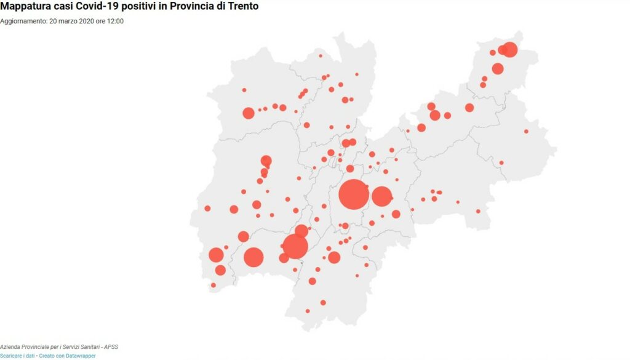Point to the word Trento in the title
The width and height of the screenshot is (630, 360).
coord(241,6)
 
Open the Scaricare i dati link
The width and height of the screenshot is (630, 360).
coord(18,356)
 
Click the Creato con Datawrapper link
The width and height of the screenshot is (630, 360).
coord(67,356)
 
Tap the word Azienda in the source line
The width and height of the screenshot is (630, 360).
coord(10,348)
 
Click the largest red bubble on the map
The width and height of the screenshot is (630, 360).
coord(354,195)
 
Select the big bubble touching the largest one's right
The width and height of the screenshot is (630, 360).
coord(381,196)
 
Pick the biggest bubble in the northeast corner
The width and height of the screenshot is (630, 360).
coord(509,50)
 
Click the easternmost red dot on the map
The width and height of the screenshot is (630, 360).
coord(526,131)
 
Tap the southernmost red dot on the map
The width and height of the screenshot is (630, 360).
coord(308,311)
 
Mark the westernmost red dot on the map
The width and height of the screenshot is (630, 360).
coord(207,208)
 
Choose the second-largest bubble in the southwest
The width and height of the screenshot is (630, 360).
coord(253,257)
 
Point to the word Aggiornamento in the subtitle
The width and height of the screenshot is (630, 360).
coord(22,21)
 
